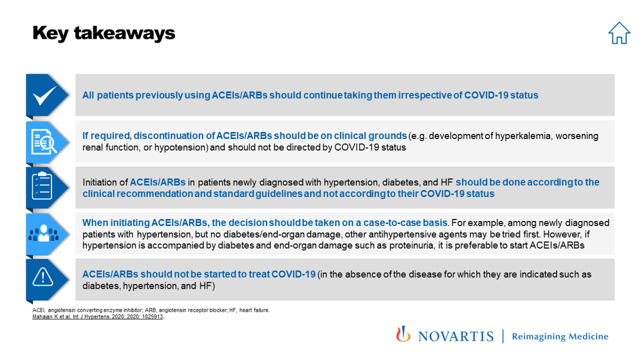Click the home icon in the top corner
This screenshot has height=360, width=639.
619,33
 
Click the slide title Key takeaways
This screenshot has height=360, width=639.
104,33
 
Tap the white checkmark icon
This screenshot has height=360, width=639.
45,96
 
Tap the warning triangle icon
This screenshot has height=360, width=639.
43,278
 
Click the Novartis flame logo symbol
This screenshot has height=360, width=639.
403,334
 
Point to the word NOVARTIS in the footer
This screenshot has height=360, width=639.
455,336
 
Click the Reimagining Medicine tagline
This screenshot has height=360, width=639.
559,336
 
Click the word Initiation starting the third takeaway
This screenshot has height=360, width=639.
100,182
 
